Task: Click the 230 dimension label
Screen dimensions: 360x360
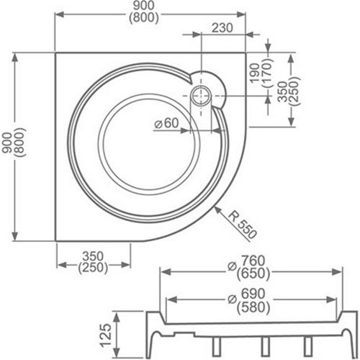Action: click(x=222, y=28)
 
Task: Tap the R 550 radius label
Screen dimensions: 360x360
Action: click(x=243, y=225)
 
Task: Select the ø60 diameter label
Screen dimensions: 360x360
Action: click(x=166, y=123)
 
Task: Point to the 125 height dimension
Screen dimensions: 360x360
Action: click(x=106, y=336)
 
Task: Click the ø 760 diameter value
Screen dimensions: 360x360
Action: click(x=246, y=261)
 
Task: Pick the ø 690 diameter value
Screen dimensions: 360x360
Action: click(x=246, y=294)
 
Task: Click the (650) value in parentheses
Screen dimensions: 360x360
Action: click(x=253, y=274)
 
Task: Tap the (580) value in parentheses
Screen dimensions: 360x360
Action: click(x=253, y=307)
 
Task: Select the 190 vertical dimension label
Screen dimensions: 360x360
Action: click(x=255, y=73)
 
